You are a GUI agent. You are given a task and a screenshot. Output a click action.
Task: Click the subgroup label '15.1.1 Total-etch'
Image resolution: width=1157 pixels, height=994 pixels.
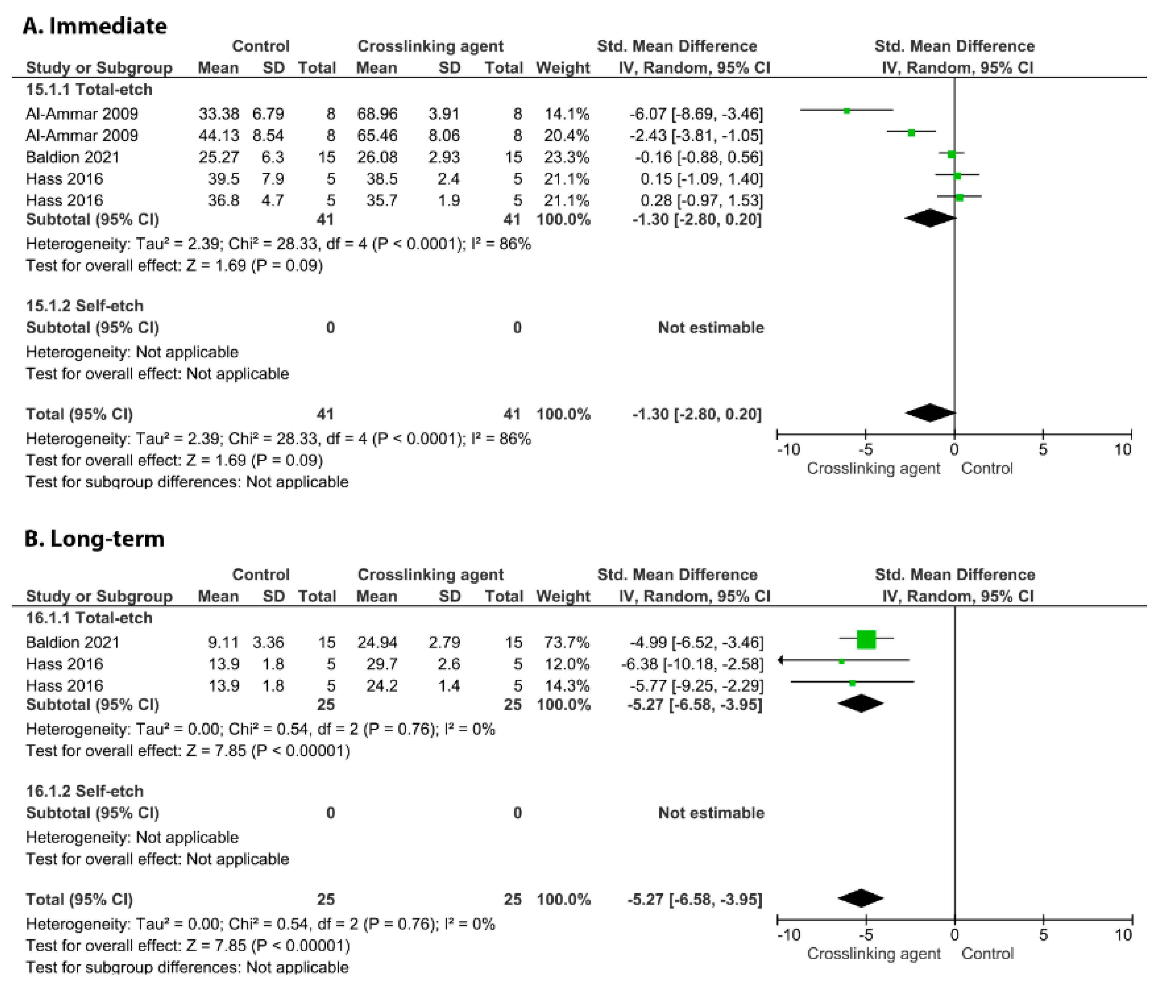[x=89, y=89]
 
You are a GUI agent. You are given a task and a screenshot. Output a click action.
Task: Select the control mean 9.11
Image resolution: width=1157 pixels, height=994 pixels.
[x=223, y=642]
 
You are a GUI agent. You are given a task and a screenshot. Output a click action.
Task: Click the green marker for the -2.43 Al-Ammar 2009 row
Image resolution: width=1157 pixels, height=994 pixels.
[x=911, y=133]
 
